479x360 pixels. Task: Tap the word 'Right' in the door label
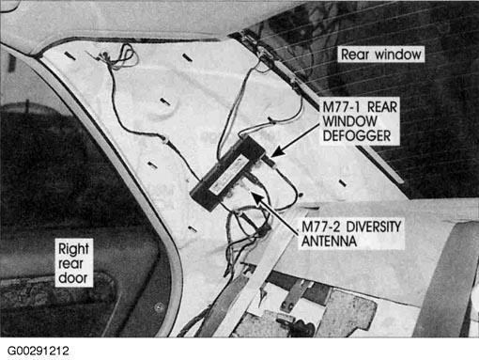coord(74,250)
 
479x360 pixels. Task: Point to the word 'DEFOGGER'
coord(358,137)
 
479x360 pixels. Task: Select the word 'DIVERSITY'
coord(369,227)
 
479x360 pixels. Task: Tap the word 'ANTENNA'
coord(332,243)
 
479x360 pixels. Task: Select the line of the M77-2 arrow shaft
coord(278,209)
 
